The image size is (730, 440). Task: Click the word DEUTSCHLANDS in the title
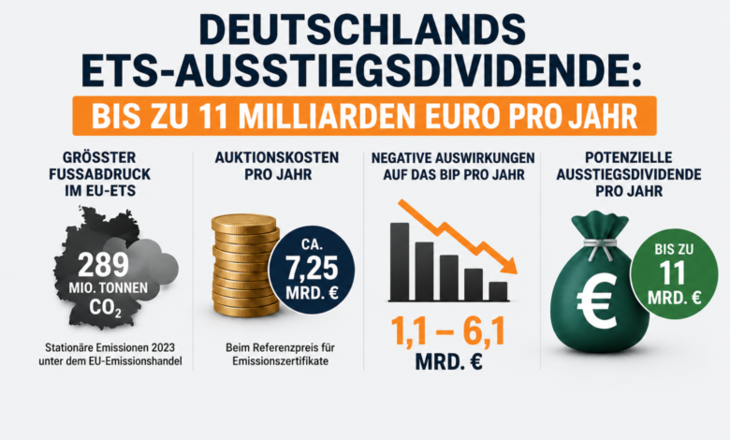(362, 30)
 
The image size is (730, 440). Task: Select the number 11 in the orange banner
(213, 116)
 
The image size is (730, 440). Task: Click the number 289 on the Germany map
(103, 265)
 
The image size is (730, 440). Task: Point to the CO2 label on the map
(106, 308)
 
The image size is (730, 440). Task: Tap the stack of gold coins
(245, 265)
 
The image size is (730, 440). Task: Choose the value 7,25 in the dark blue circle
(312, 269)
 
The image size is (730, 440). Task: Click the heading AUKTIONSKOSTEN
(277, 157)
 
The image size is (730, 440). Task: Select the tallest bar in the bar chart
(400, 262)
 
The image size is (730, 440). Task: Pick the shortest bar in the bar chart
(498, 291)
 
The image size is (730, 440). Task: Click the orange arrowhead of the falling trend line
(511, 266)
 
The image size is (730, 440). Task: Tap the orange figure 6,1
(483, 332)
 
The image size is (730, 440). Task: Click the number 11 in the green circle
(673, 272)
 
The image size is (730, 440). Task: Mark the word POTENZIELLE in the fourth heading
(629, 157)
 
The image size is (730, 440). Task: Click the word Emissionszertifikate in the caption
(280, 361)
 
